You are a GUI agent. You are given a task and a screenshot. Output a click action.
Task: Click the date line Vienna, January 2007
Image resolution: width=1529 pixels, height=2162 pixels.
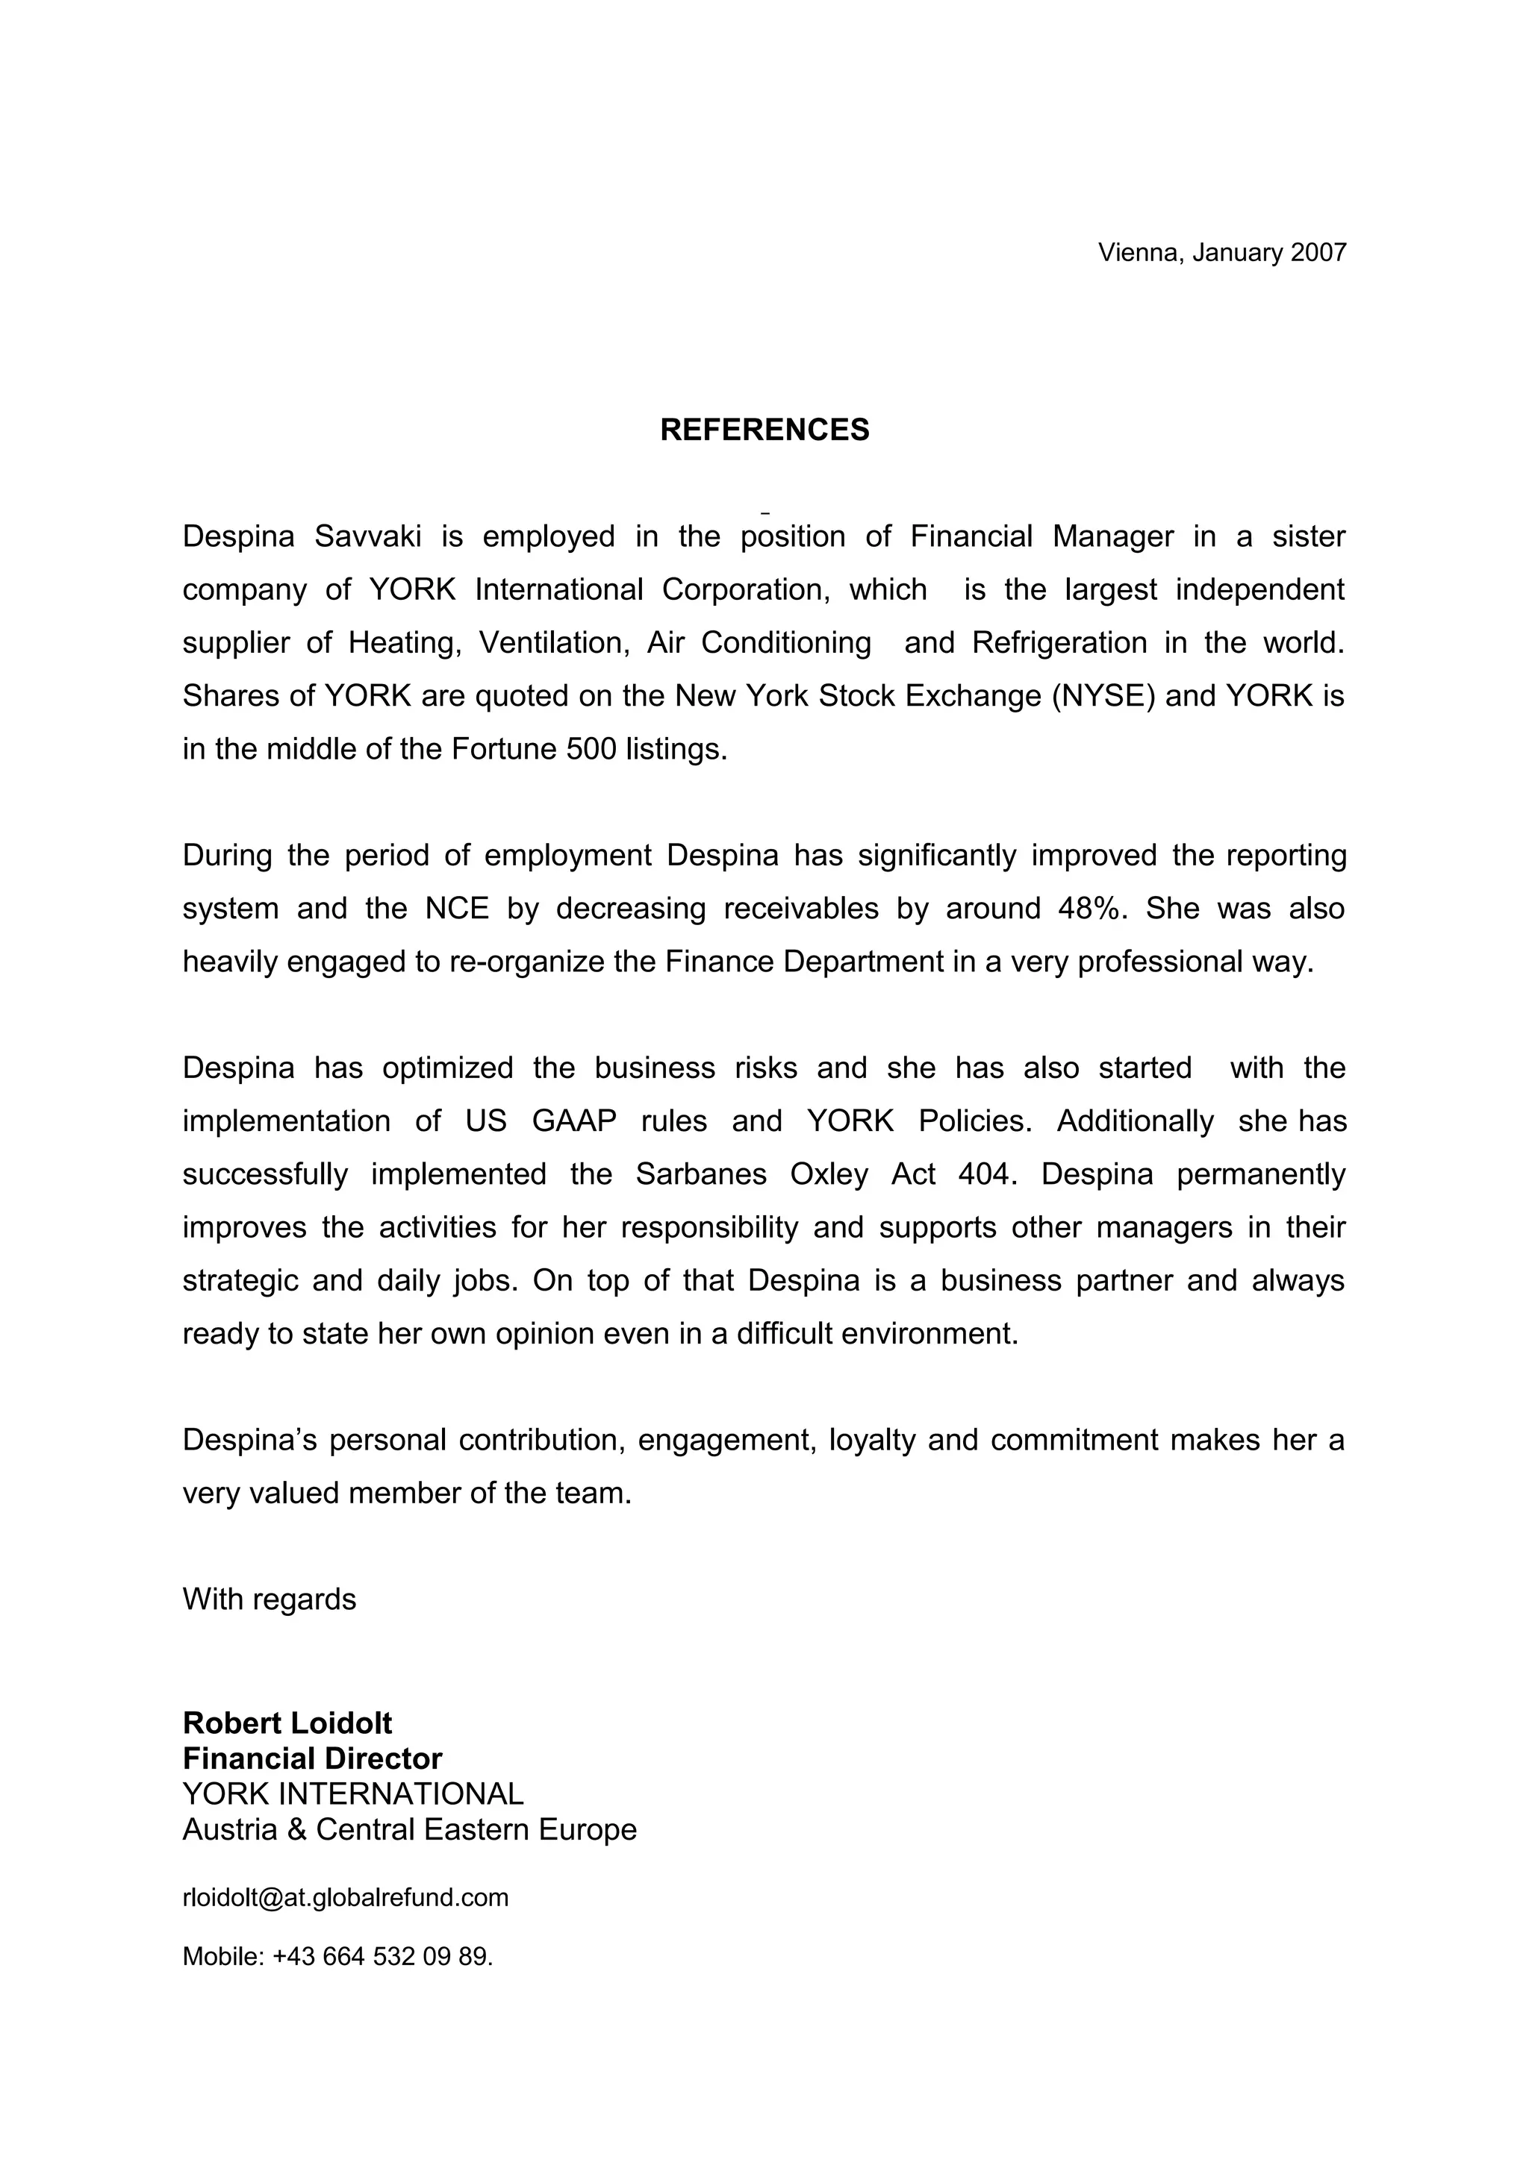[1222, 252]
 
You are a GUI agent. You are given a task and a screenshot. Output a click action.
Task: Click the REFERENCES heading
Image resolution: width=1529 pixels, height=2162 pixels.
[764, 430]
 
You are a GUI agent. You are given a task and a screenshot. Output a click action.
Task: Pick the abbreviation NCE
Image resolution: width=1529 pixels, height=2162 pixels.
[457, 909]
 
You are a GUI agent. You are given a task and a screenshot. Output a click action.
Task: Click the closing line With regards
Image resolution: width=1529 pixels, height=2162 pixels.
[270, 1599]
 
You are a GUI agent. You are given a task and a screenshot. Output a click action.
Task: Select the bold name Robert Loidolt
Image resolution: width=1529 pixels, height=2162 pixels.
[287, 1723]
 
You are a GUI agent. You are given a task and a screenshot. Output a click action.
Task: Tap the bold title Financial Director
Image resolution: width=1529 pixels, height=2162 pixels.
[312, 1759]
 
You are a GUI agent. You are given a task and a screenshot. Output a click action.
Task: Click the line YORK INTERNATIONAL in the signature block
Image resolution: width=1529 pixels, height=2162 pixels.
[353, 1793]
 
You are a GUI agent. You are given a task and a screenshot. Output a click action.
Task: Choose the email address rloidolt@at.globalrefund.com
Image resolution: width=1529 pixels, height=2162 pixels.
[345, 1897]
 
